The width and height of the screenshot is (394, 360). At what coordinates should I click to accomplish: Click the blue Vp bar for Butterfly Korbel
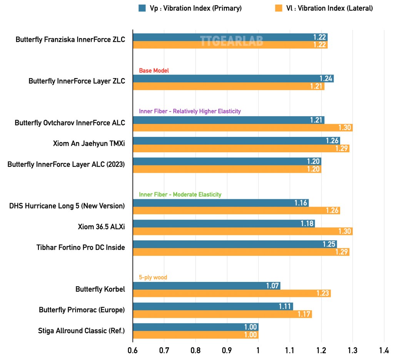point(207,286)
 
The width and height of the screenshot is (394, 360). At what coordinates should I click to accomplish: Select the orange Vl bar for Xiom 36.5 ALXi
point(243,231)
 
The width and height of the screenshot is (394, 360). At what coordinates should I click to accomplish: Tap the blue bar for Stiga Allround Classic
point(195,327)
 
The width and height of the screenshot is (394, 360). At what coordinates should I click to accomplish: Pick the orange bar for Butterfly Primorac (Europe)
point(222,314)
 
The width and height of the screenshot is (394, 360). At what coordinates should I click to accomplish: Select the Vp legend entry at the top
point(190,8)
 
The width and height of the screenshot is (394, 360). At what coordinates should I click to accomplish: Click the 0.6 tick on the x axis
point(133,350)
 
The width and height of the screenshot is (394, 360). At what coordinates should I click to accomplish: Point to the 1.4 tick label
point(384,350)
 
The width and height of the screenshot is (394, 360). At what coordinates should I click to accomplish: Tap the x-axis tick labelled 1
point(258,350)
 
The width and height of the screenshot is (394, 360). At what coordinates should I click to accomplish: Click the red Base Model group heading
point(154,71)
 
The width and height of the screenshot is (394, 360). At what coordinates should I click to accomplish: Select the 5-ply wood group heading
point(153,277)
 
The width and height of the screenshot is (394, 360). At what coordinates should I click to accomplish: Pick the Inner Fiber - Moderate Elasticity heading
point(180,195)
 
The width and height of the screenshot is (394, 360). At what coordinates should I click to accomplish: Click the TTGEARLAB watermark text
point(231,41)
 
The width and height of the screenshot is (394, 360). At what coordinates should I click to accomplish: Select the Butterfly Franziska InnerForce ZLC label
point(70,39)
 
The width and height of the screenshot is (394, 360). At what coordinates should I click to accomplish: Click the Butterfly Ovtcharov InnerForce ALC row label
point(70,123)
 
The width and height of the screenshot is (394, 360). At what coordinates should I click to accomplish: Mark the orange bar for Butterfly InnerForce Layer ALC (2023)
point(227,169)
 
